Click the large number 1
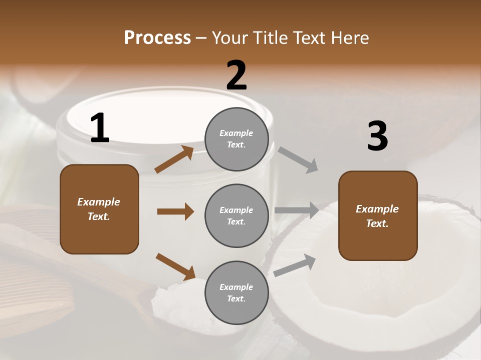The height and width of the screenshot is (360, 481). coord(100,128)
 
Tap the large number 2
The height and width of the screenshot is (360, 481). coord(236,75)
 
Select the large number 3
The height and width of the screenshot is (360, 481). coord(377,136)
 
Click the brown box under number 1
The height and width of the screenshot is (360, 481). coord(99,209)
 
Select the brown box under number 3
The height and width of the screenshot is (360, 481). coord(378,215)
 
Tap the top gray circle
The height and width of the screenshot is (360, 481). coord(236,139)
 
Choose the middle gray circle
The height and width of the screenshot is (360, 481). coord(236,215)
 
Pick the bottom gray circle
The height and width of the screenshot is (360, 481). coord(236,292)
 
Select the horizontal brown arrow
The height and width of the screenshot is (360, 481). coord(175,211)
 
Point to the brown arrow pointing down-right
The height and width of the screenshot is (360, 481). coord(175,266)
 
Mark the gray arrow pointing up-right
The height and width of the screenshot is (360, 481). coord(295,265)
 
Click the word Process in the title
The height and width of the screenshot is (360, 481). coord(157,38)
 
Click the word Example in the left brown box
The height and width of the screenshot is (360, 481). coord(99,202)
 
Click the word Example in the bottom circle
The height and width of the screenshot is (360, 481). coord(236,287)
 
